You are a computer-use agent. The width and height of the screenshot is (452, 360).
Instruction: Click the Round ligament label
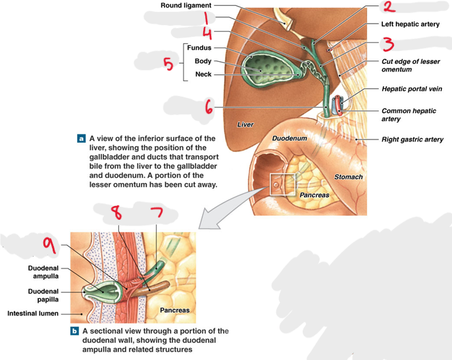(186, 5)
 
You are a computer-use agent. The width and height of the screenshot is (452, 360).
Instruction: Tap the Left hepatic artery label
(410, 24)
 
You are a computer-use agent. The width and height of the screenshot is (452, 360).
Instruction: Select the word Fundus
(199, 47)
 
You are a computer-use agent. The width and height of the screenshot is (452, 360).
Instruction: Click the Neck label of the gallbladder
(203, 74)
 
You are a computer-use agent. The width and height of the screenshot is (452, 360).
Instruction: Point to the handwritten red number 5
(168, 64)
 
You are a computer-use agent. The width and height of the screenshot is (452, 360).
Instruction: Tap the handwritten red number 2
(388, 7)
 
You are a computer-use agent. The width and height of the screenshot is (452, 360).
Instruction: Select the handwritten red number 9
(49, 246)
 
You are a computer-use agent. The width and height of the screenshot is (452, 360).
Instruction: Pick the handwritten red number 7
(157, 213)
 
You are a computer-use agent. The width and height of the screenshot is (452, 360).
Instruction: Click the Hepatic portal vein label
(412, 89)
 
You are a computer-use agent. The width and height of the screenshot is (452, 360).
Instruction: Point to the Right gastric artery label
(413, 140)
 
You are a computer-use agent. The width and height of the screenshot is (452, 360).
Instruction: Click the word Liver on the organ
(245, 124)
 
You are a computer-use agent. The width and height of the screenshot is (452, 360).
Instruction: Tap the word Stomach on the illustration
(348, 177)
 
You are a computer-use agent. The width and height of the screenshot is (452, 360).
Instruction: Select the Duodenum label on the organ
(289, 138)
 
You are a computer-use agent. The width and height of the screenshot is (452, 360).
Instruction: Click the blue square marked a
(82, 139)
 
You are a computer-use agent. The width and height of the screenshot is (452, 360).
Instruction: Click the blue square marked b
(74, 331)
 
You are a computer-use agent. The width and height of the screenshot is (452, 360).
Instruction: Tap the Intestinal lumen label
(33, 313)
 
